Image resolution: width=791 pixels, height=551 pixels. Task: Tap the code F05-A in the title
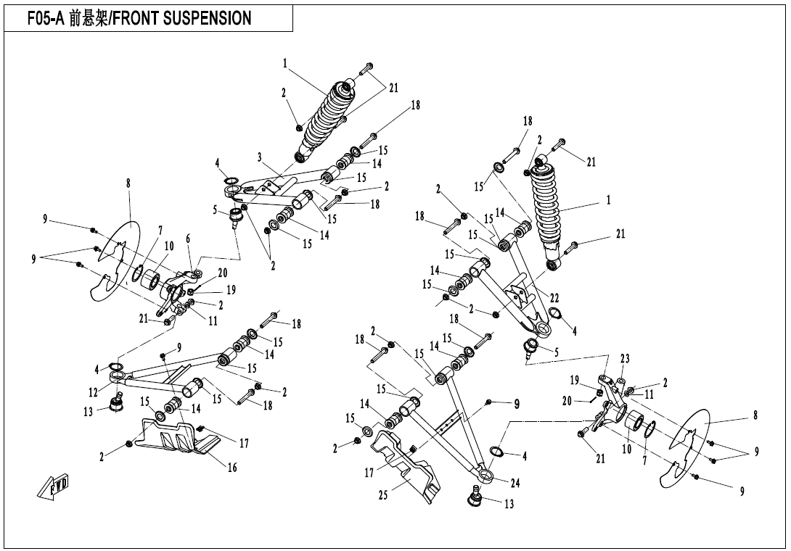click(x=47, y=18)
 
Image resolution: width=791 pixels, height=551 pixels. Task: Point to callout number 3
click(x=258, y=157)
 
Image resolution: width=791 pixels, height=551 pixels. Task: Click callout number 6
click(x=188, y=239)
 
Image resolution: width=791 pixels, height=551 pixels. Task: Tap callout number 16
click(x=232, y=468)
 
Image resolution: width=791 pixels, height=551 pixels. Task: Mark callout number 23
click(x=624, y=358)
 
